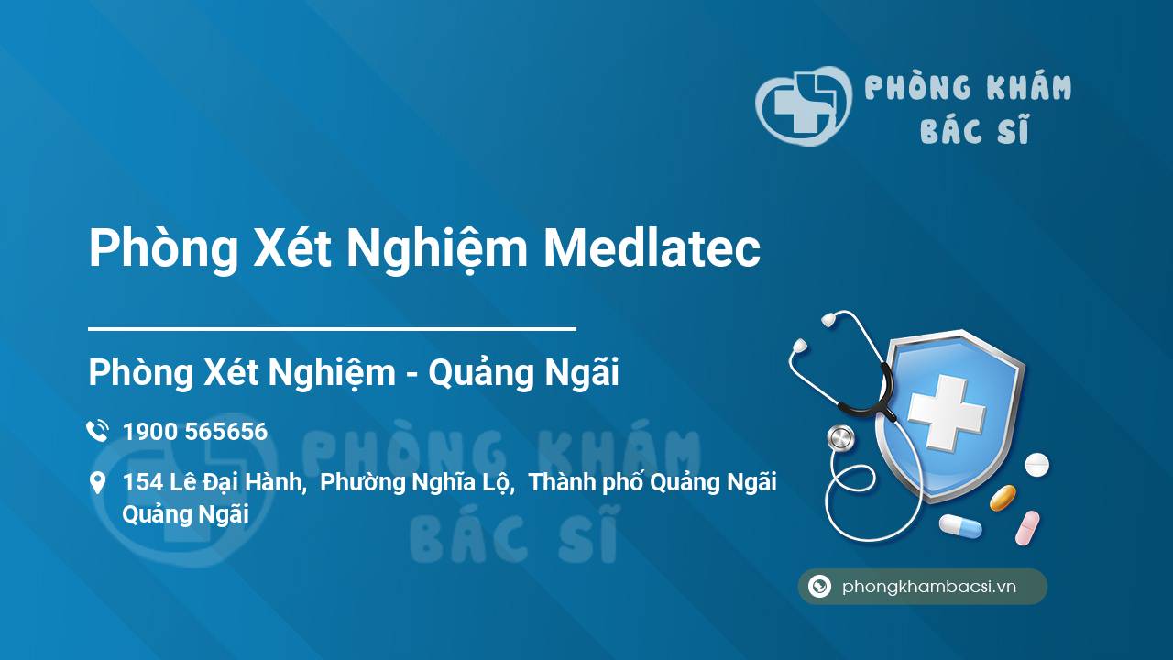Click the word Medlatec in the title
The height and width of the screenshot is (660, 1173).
pos(652,248)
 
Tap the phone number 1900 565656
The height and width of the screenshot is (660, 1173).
pos(195,432)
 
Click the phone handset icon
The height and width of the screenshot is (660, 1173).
pos(97,431)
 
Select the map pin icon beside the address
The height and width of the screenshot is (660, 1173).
pos(97,482)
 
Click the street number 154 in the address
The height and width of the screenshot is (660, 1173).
pos(142,482)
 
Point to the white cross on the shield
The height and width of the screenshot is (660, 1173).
pos(947,413)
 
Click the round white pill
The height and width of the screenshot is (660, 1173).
pos(1036,465)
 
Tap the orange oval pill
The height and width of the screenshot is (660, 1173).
pos(1003,498)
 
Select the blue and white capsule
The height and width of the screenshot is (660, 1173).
pos(960,526)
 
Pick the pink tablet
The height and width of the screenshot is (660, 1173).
pos(1027,528)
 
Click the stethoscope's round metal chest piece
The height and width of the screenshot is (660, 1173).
pos(840,438)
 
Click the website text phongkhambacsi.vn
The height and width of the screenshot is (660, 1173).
pos(929,586)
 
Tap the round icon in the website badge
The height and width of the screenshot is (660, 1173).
pos(819,586)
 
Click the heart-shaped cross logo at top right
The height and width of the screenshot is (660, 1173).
pos(803,105)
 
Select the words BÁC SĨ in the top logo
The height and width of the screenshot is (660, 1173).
pos(974,129)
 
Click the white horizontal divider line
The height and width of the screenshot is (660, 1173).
pos(332,329)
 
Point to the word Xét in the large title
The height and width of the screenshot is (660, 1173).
pos(292,248)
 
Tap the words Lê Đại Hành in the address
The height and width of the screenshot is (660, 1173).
pos(236,482)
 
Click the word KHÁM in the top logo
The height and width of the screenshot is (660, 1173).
pos(1029,87)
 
